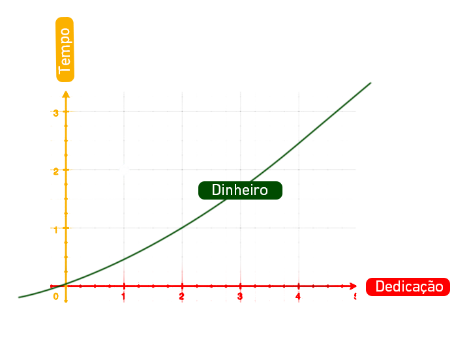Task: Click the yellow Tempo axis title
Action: tap(65, 50)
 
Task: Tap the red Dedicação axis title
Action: tap(408, 286)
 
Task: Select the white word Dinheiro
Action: tap(240, 190)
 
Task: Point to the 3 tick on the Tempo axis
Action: tap(56, 113)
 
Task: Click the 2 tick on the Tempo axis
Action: tap(56, 170)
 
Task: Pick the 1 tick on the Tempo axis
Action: tap(56, 228)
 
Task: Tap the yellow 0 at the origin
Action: tap(55, 297)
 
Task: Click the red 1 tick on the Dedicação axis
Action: tap(123, 295)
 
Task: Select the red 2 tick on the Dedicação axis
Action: tap(181, 295)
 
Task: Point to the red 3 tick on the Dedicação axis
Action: tap(239, 295)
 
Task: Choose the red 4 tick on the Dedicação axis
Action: tap(297, 295)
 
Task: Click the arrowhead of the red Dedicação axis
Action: tap(354, 286)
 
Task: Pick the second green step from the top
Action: tap(320, 128)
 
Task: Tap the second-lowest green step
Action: tap(95, 273)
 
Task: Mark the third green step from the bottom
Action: tap(138, 252)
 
